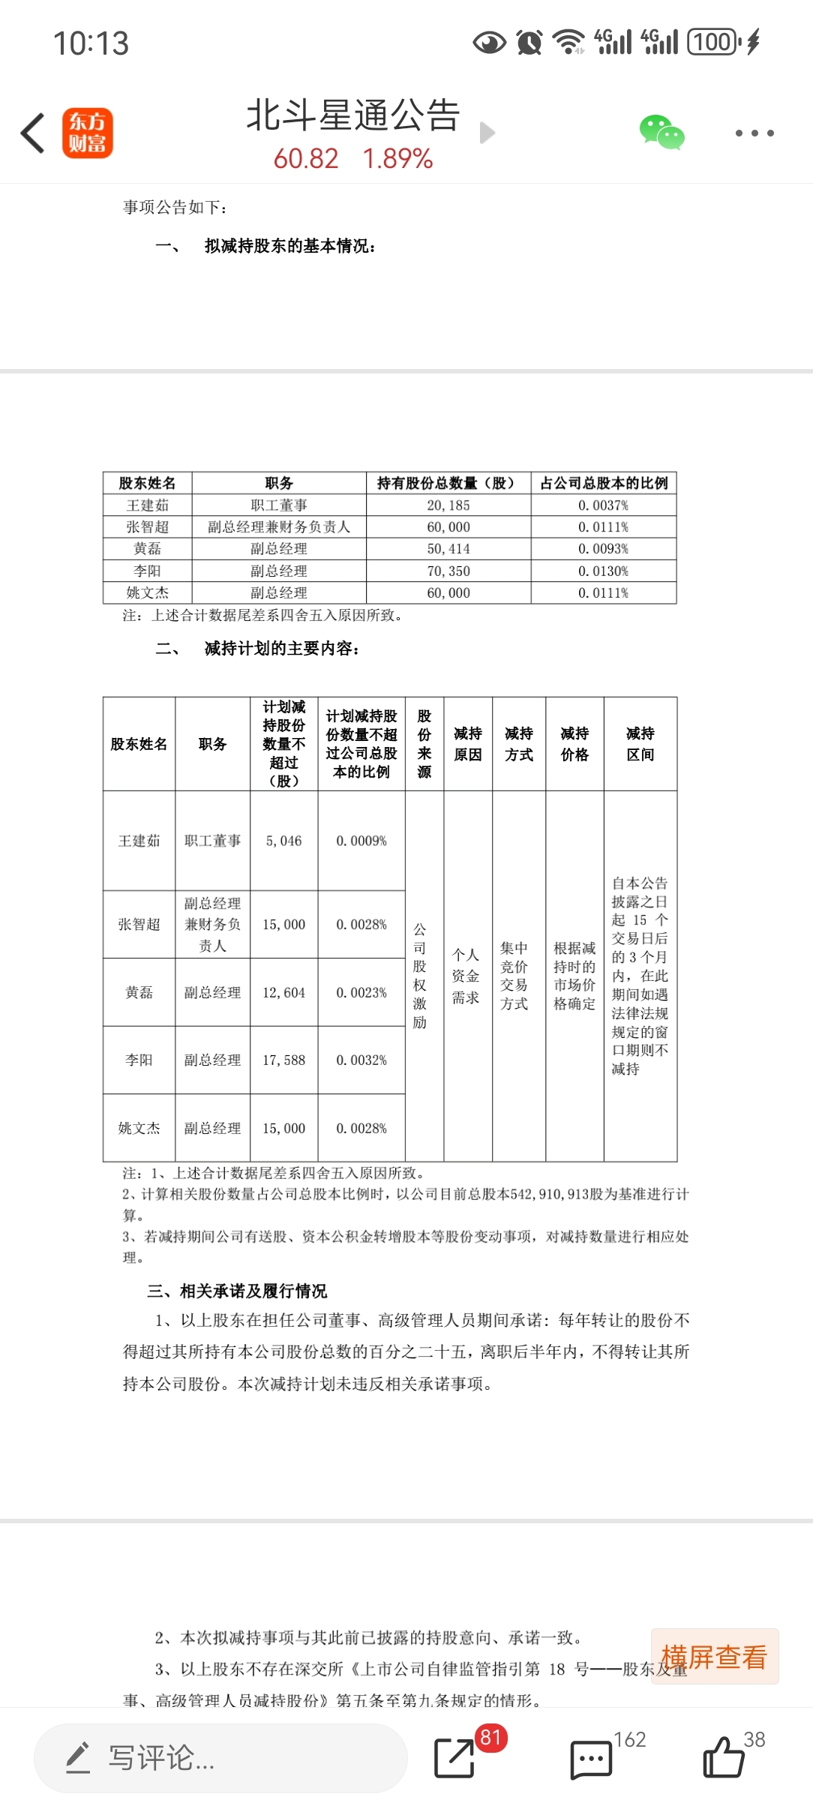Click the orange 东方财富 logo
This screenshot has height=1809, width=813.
coord(88,133)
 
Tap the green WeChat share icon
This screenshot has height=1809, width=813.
coord(661,133)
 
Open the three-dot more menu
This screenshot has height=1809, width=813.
coord(754,133)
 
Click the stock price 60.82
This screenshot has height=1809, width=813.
coord(306,159)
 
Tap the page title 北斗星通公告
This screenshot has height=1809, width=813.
coord(352,115)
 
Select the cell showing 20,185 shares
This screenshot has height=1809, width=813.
coord(448,505)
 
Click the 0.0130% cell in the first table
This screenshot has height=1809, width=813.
coord(603,571)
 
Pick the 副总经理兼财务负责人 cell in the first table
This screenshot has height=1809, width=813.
coord(279,527)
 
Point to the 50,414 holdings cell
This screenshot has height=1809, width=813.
coord(448,549)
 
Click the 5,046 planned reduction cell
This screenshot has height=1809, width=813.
coord(283,841)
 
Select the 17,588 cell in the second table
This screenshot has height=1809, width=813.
coord(283,1060)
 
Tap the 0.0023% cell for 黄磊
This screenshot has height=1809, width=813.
coord(361,992)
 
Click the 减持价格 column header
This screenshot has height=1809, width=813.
coord(574,744)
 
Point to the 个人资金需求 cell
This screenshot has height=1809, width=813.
coord(466,976)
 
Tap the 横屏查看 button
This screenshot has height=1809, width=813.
coord(714,1657)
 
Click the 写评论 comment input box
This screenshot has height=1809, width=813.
coord(220,1757)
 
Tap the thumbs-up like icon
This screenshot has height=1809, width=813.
coord(723,1757)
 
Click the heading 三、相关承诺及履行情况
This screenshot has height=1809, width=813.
coord(237,1291)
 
